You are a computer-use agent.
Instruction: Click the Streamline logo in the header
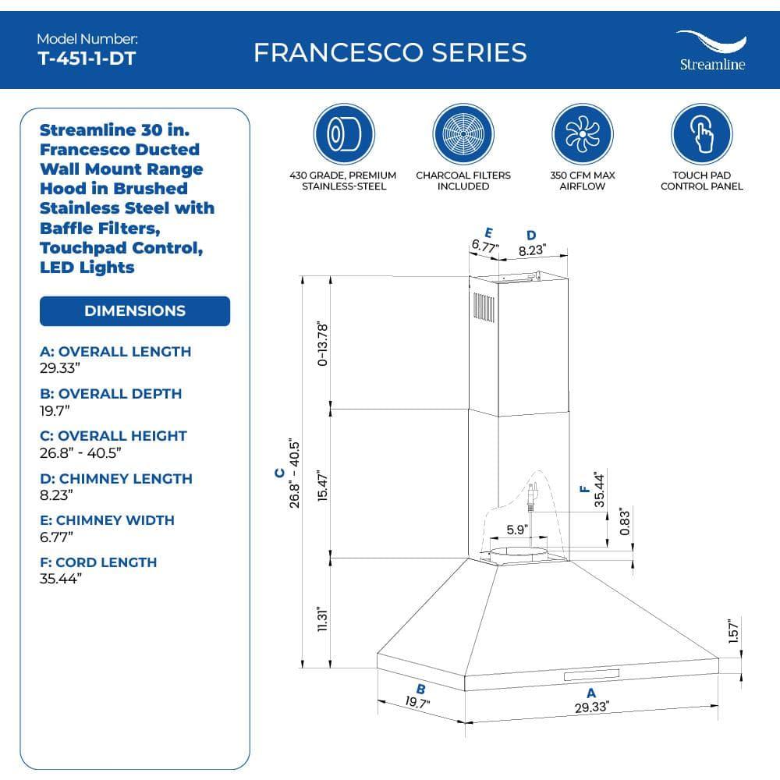click(x=711, y=50)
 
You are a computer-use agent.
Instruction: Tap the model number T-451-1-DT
click(x=86, y=58)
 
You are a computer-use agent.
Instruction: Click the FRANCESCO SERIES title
click(x=390, y=52)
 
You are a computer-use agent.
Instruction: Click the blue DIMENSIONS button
click(x=135, y=310)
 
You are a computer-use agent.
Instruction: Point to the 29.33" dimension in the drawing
click(x=591, y=707)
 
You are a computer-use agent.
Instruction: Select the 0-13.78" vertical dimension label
click(x=323, y=343)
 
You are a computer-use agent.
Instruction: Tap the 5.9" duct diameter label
click(x=516, y=530)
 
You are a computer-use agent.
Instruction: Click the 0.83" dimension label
click(x=624, y=522)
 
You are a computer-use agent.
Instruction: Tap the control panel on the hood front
click(x=593, y=674)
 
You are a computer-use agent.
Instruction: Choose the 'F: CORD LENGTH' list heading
click(x=98, y=562)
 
